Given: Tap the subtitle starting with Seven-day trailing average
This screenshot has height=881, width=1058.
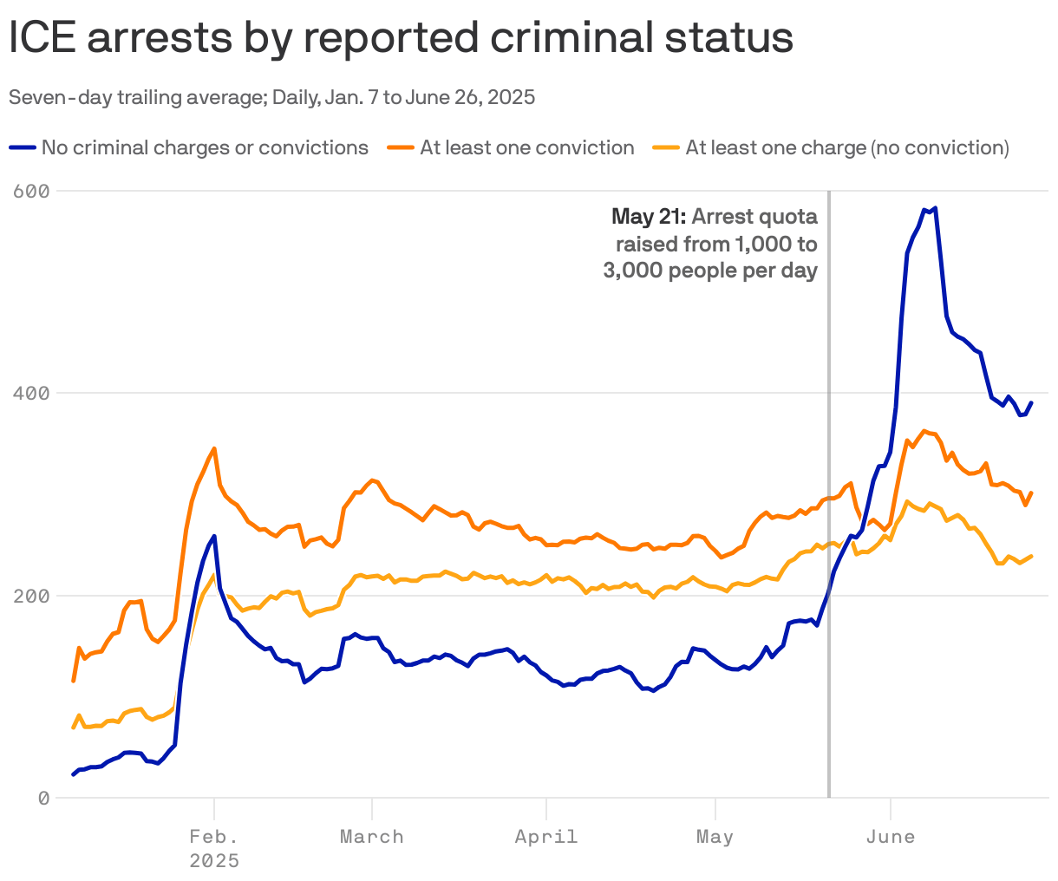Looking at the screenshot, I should coord(271,97).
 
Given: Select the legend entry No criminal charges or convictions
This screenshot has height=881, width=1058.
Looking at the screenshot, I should coord(205,148).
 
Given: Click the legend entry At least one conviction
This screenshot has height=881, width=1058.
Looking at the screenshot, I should coord(526,148).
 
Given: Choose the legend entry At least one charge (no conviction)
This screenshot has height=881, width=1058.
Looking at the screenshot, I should coord(846,148).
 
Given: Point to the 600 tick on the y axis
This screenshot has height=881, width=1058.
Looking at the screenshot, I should coord(32,191).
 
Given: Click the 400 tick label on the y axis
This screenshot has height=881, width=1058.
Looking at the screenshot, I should coord(32,393).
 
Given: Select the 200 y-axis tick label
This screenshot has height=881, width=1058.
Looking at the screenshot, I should coord(32,596).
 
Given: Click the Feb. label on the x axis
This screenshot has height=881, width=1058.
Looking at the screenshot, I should coord(213,837).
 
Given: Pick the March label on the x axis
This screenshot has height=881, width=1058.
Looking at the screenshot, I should coord(371,837).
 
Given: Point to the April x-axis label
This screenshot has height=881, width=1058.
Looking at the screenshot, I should coord(545,837).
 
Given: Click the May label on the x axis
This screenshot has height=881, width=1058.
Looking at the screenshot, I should coord(715,837).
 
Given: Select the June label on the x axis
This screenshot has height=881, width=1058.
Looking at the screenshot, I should coord(891,837).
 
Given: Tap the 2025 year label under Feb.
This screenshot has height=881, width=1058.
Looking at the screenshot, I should coord(213,861).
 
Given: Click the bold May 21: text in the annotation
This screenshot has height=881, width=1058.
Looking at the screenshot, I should coord(648,216).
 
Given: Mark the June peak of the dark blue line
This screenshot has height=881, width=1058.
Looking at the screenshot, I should coord(934,208).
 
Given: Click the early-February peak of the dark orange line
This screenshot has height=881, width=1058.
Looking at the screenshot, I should coord(214,448).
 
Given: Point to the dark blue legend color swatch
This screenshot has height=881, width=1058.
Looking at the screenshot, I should coord(23,148).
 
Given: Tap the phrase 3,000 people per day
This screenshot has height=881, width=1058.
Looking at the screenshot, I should coord(710,271).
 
